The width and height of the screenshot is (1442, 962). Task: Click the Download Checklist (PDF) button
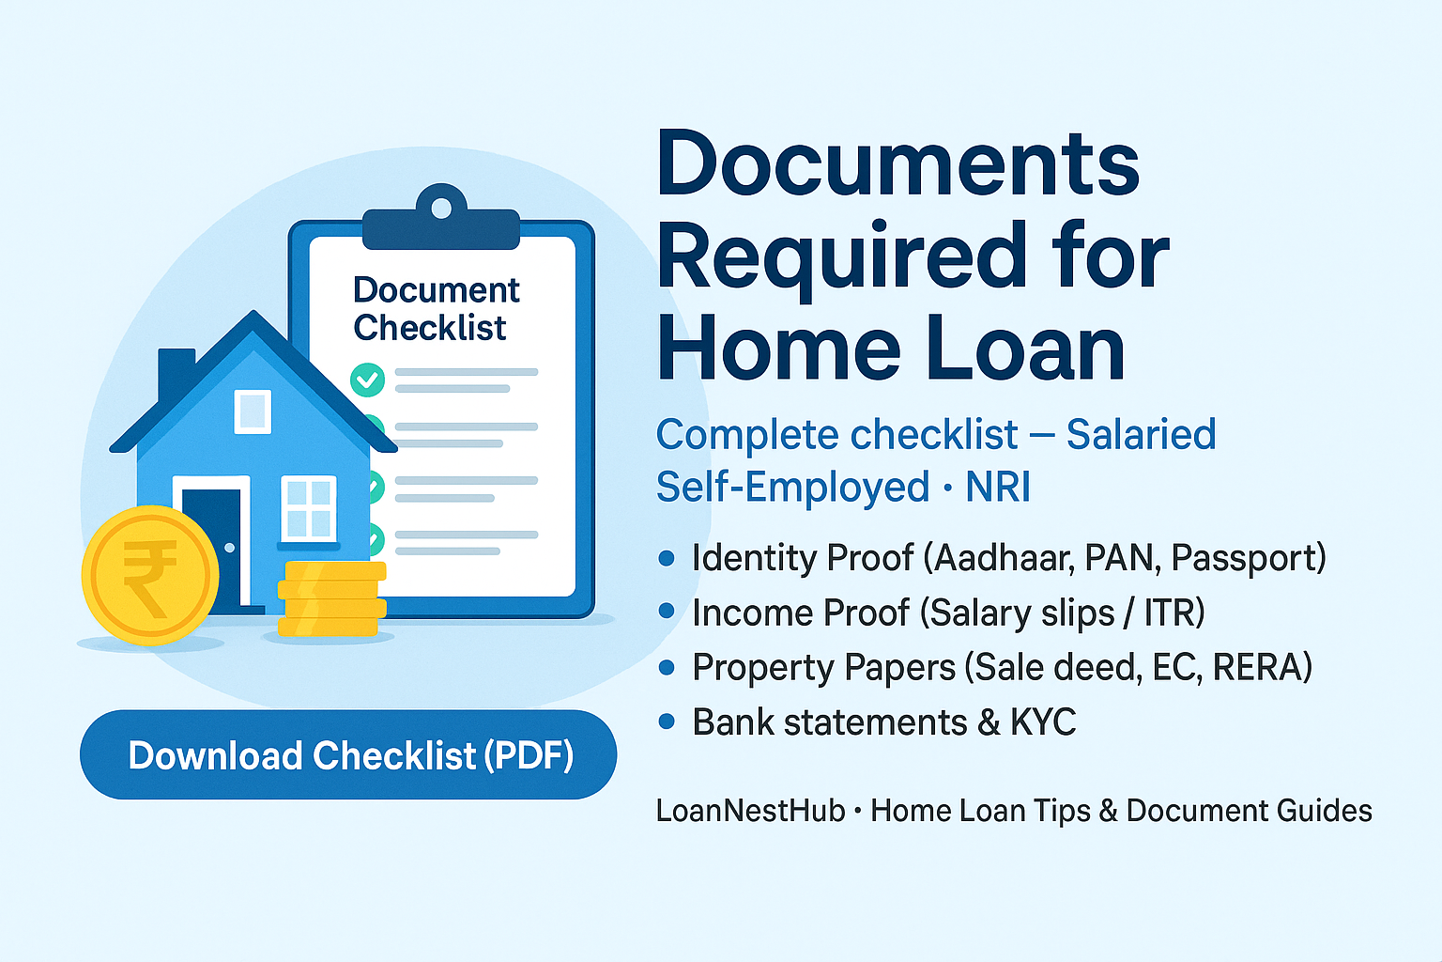(x=348, y=754)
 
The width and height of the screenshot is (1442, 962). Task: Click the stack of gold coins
(x=331, y=598)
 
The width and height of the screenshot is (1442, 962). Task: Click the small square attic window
(x=253, y=411)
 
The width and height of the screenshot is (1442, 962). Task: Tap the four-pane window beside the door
(x=309, y=507)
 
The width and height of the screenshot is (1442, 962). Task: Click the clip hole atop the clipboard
(x=441, y=209)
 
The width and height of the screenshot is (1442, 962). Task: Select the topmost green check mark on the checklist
(x=368, y=380)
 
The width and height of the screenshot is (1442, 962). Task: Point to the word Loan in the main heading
(x=1025, y=348)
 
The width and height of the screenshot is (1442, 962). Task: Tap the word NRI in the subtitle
(x=998, y=487)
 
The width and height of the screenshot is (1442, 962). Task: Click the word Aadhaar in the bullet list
(x=1005, y=558)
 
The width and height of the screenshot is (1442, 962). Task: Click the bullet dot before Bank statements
(x=667, y=721)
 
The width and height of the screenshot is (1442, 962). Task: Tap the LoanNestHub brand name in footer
(x=751, y=811)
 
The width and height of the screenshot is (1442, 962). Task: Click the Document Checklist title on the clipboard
(x=436, y=309)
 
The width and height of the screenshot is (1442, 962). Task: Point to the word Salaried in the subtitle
(x=1142, y=434)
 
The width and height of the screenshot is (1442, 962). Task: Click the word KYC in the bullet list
(x=1043, y=722)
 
